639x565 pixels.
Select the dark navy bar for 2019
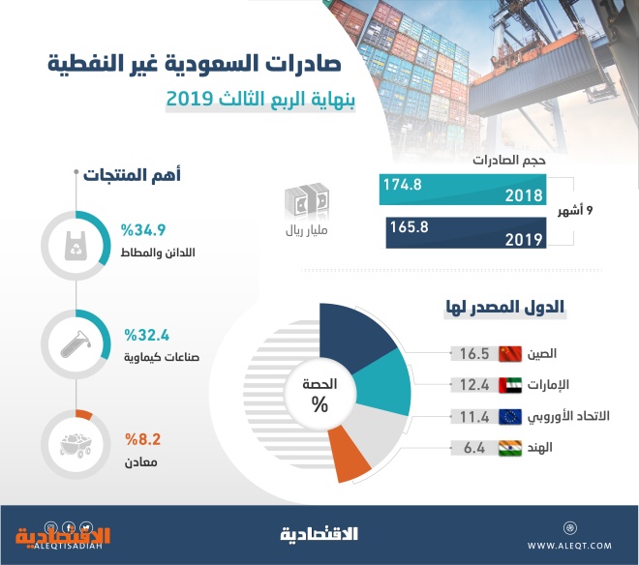(465, 234)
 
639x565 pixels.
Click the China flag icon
(509, 353)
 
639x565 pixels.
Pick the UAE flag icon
(509, 385)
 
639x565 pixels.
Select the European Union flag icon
(509, 417)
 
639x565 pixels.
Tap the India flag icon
(509, 448)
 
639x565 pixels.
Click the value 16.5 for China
(473, 353)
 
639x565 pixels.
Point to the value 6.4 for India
(473, 448)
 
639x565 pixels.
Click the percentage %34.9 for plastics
(144, 230)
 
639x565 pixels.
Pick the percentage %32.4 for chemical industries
(144, 336)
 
